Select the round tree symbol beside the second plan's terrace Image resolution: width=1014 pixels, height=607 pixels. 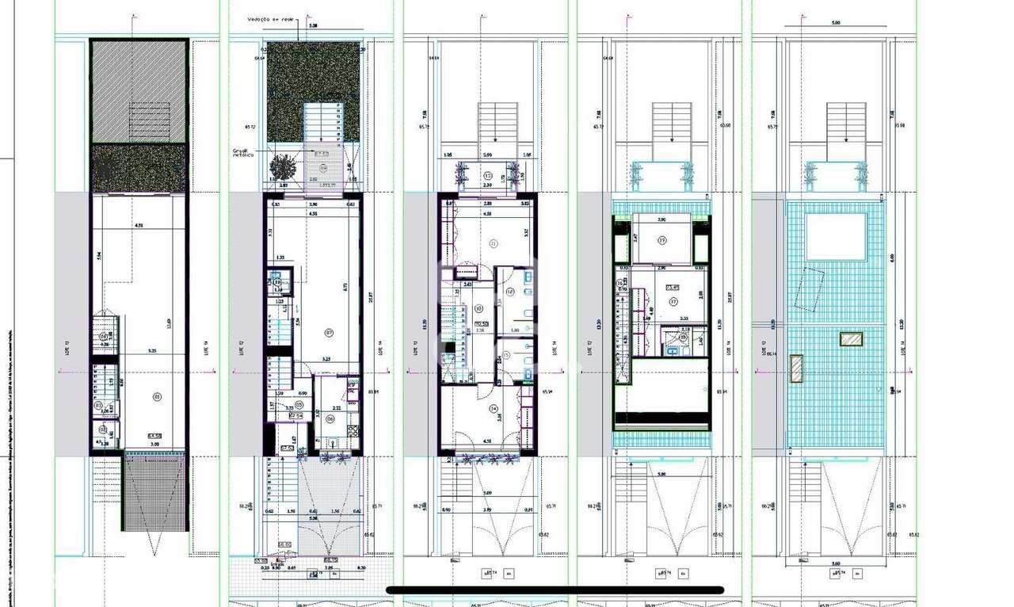coord(280,167)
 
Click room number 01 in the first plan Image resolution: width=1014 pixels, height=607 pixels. coord(156,396)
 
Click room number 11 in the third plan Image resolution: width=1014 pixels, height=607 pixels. coord(493,243)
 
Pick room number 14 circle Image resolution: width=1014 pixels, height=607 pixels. coord(494,409)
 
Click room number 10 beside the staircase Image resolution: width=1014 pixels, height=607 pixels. coord(478,309)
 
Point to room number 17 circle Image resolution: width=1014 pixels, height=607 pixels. coord(673,301)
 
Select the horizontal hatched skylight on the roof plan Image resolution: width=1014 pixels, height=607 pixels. coord(851,339)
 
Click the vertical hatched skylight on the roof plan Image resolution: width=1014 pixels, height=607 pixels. coord(795,367)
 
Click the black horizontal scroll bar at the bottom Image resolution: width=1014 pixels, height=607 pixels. coord(555,590)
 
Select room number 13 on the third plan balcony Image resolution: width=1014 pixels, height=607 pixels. coord(488,175)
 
